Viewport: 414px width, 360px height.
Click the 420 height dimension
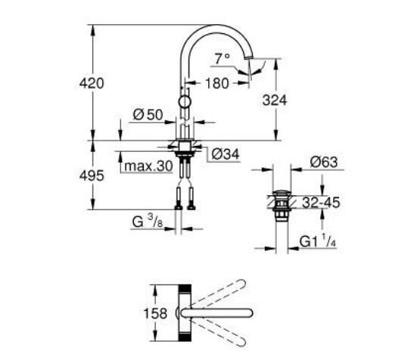(91, 82)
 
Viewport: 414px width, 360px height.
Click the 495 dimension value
(91, 175)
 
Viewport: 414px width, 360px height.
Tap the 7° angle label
(221, 58)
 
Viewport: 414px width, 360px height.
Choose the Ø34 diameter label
(225, 154)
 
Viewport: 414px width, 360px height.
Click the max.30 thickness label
(149, 166)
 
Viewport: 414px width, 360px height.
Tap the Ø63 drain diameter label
(323, 163)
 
